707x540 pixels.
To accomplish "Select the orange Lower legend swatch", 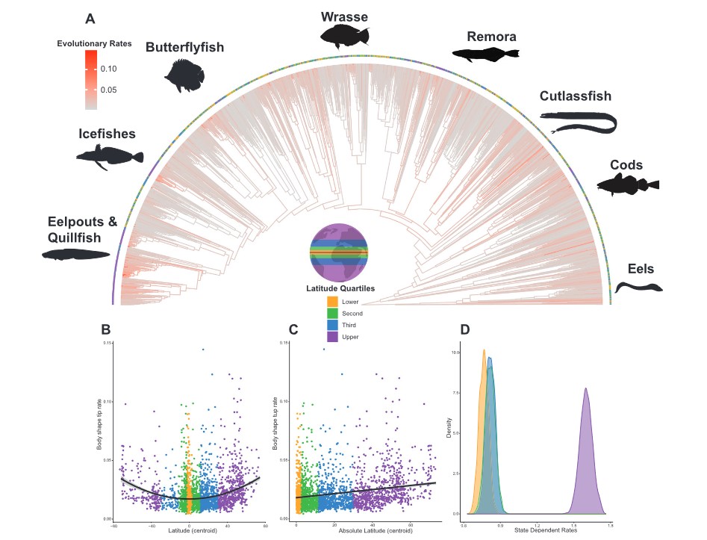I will pyautogui.click(x=333, y=301).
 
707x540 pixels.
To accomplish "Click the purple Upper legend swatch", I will pyautogui.click(x=333, y=337).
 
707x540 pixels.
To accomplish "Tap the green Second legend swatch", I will pyautogui.click(x=333, y=313).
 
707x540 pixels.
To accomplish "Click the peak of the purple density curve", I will pyautogui.click(x=586, y=388).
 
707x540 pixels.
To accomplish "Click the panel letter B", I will pyautogui.click(x=106, y=329).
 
